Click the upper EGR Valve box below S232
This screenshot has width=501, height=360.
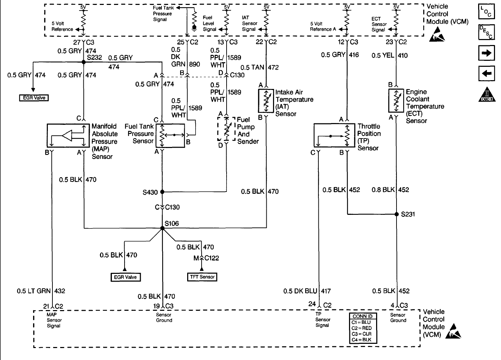click(x=34, y=98)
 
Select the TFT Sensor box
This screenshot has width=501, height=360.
click(x=202, y=277)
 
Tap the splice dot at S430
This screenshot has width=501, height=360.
click(x=162, y=192)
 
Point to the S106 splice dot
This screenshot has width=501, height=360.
click(x=162, y=228)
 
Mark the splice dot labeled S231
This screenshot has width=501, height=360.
click(x=397, y=214)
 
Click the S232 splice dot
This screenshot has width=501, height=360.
click(x=84, y=62)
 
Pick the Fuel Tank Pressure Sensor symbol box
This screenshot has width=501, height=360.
click(x=170, y=135)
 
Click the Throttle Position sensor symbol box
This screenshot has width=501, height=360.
click(x=334, y=135)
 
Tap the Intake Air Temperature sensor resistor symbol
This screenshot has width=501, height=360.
click(x=266, y=101)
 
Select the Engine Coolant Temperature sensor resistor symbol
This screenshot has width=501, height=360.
click(x=396, y=101)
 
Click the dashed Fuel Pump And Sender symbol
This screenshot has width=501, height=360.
click(x=226, y=129)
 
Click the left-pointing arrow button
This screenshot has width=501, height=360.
click(x=487, y=73)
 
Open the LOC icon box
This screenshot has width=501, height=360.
click(x=487, y=12)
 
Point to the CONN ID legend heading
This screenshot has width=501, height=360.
click(x=362, y=316)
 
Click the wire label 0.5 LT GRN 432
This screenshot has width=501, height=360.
click(x=41, y=291)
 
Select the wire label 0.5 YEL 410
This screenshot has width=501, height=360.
click(x=390, y=55)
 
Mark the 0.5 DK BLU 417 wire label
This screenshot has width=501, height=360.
click(x=307, y=291)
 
